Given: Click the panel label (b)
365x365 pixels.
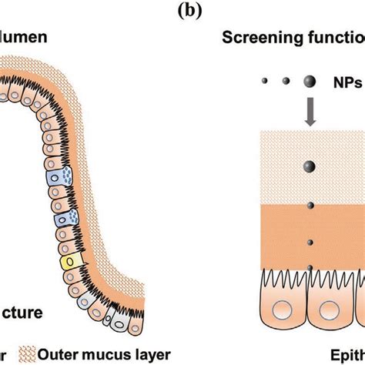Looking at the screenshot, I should click(182, 8).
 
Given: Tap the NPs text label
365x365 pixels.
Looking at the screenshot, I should click(343, 79).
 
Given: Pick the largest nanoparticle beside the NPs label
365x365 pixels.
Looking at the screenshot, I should click(309, 80).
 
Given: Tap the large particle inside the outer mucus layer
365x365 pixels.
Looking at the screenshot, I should click(309, 166).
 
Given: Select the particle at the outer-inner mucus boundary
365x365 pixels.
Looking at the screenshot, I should click(309, 206).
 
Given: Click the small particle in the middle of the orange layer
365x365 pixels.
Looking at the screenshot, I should click(309, 239).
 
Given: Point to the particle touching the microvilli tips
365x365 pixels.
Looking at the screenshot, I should click(309, 267).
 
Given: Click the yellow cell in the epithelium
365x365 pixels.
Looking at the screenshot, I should click(72, 262).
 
